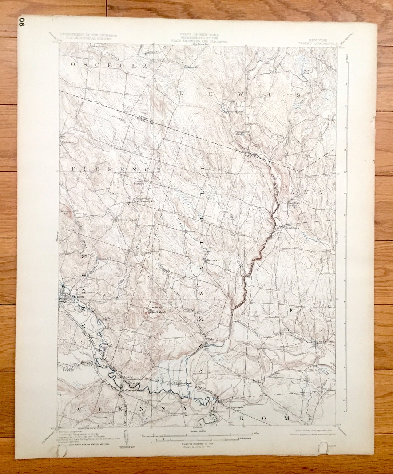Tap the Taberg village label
(x=212, y=339)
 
